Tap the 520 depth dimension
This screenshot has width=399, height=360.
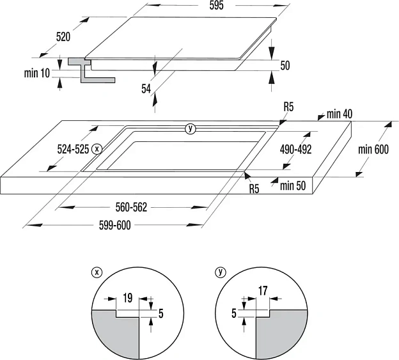click(x=63, y=37)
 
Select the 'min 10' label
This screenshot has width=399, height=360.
click(x=36, y=73)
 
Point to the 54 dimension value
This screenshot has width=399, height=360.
click(x=147, y=88)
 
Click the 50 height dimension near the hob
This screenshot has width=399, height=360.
click(x=285, y=65)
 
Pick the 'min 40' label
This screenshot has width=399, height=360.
click(x=339, y=114)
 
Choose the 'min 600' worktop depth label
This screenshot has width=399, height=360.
click(x=373, y=150)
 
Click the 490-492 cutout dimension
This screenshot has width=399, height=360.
click(x=295, y=149)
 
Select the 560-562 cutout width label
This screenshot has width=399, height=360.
click(x=131, y=207)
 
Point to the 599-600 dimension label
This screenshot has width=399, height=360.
click(x=113, y=225)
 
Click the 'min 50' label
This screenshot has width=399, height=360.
click(x=293, y=186)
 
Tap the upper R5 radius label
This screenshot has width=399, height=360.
click(x=288, y=107)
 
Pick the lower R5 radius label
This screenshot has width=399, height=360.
click(x=254, y=189)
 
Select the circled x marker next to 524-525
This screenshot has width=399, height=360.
click(x=97, y=148)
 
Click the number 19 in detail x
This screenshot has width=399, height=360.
click(x=127, y=297)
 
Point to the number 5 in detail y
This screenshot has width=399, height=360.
click(x=233, y=313)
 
